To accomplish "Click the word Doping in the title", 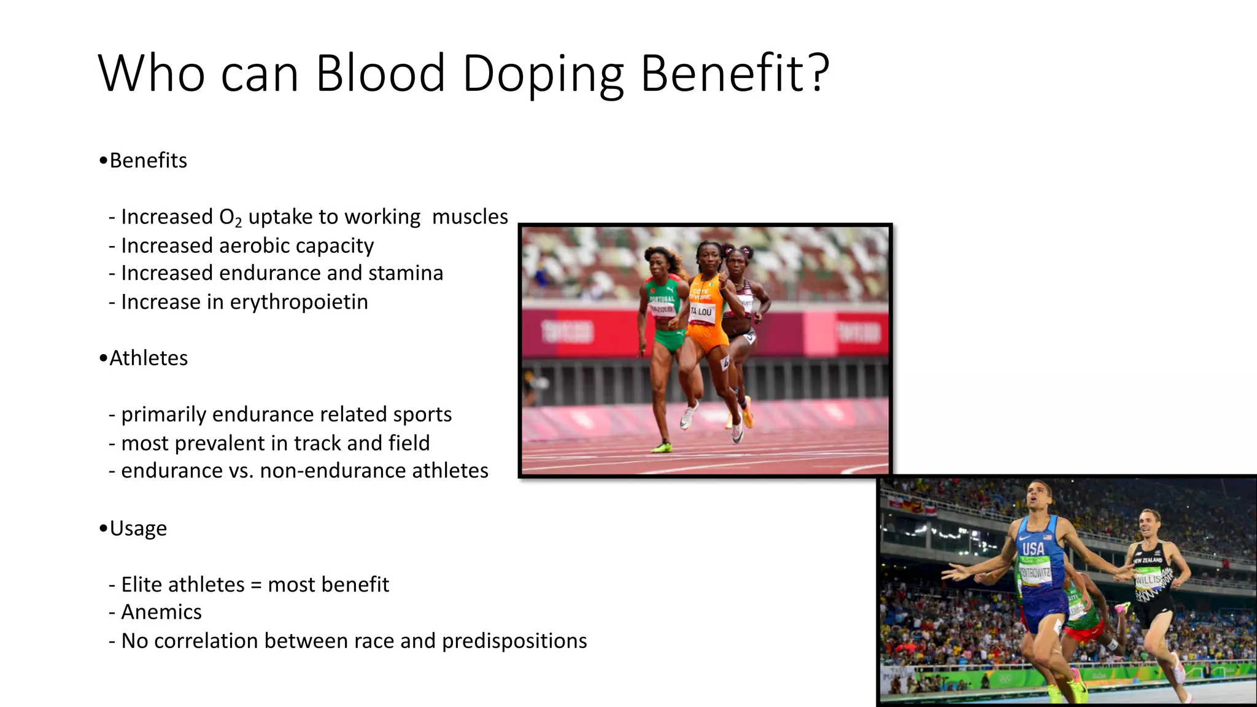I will [543, 74].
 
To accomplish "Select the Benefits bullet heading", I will [147, 161].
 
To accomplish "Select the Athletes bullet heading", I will [148, 358].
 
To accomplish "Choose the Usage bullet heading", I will [137, 528].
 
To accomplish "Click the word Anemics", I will [161, 612].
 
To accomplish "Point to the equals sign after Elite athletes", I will [256, 585].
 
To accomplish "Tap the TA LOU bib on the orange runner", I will [702, 312].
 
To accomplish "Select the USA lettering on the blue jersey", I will [1033, 548].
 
